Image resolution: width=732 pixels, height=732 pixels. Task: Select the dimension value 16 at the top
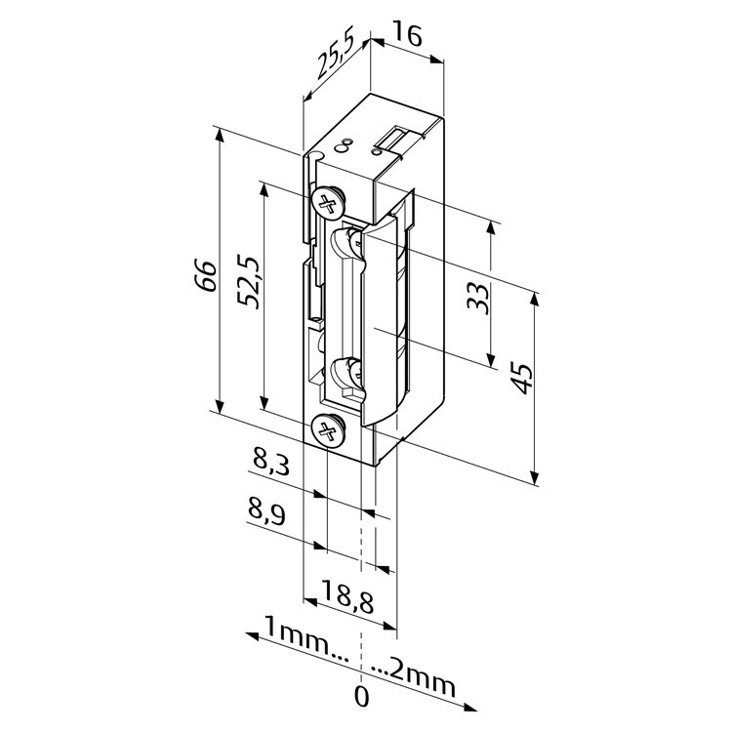408,34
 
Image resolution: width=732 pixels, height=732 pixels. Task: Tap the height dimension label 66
206,276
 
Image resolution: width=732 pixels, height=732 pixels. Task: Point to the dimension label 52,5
248,281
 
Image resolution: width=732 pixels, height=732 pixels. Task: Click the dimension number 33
478,299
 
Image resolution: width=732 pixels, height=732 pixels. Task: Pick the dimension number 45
522,378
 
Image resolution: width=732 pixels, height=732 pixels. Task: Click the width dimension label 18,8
347,596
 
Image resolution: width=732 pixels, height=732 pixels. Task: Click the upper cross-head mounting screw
328,204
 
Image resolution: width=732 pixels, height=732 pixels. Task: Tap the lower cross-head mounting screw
328,430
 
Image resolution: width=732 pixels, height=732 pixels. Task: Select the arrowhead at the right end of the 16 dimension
437,60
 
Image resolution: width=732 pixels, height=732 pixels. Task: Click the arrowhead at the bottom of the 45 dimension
535,477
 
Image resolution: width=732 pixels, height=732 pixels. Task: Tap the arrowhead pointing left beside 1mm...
253,636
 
